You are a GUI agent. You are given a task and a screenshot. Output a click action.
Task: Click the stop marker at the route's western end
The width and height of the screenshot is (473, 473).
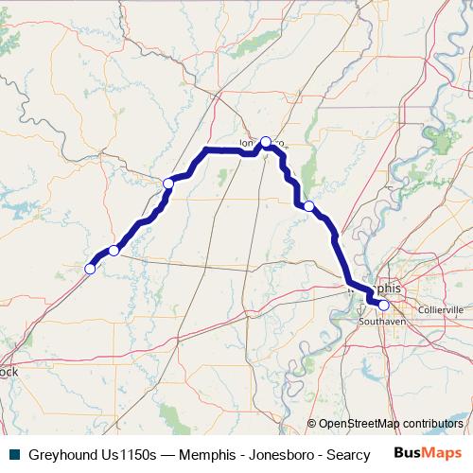[90, 269]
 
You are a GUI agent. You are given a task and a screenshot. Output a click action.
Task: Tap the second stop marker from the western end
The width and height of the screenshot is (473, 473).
[114, 250]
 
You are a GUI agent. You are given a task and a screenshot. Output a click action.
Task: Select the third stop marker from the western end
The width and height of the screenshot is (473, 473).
[167, 184]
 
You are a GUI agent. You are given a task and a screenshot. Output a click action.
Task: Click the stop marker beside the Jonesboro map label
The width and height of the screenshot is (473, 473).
[266, 142]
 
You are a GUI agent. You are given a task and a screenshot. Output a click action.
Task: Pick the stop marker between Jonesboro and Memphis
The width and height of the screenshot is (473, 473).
[308, 205]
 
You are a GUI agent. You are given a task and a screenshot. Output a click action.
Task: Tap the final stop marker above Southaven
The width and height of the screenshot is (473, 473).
[383, 305]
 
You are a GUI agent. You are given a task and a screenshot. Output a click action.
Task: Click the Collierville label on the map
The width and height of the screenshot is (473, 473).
[441, 309]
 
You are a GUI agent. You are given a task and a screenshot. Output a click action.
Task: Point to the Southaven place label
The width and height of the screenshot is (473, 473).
[381, 322]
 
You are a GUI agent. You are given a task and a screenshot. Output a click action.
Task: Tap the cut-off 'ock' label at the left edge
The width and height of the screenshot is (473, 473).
[9, 372]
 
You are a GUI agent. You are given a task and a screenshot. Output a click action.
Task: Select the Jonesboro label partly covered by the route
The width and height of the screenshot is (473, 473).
[252, 144]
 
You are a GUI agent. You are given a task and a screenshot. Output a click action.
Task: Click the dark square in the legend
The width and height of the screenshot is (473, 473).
[13, 455]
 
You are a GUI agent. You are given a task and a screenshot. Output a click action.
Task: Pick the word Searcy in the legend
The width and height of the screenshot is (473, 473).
[350, 455]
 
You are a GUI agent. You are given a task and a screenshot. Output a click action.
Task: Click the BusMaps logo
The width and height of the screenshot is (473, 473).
[429, 453]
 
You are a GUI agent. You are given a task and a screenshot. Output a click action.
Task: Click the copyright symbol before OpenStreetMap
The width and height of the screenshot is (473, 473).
[311, 424]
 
